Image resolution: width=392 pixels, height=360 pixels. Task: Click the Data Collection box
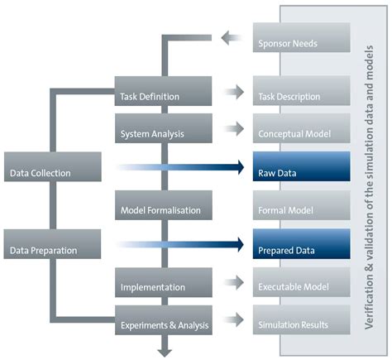tap(52, 173)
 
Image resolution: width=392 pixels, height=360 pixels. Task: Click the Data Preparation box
tap(52, 248)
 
